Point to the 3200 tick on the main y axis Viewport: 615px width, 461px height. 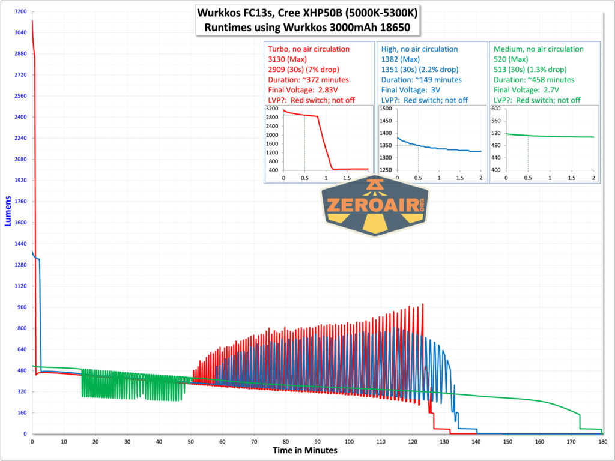pyautogui.click(x=19, y=11)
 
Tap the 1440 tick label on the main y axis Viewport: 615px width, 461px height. pyautogui.click(x=19, y=244)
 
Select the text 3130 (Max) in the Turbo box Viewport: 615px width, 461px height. pyautogui.click(x=287, y=59)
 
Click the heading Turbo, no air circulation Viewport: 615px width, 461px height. pyautogui.click(x=308, y=49)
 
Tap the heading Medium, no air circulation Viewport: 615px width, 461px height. pyautogui.click(x=538, y=49)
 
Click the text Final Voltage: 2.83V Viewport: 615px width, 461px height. pyautogui.click(x=304, y=90)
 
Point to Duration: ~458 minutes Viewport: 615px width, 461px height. pyautogui.click(x=533, y=80)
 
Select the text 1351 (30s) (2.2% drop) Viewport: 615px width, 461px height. pyautogui.click(x=422, y=70)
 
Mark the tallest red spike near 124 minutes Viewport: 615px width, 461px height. pyautogui.click(x=423, y=304)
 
